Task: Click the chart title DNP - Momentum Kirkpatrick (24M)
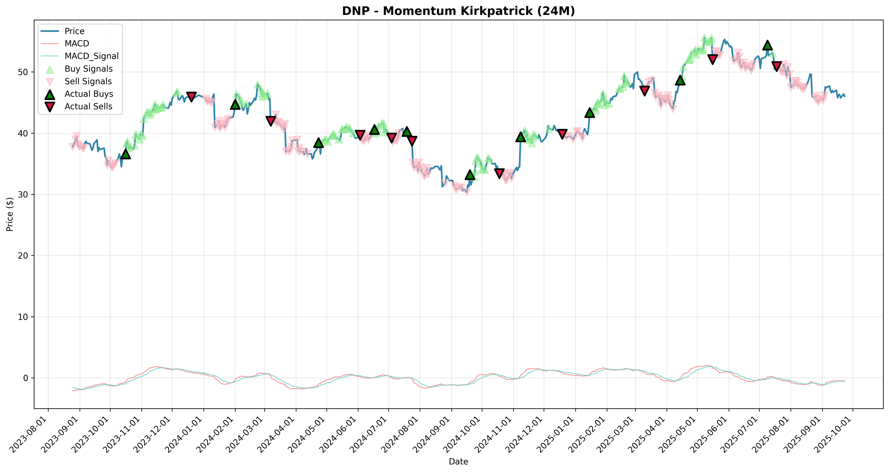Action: [458, 11]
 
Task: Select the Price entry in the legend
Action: [75, 31]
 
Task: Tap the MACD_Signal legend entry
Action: [92, 56]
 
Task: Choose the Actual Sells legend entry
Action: [88, 106]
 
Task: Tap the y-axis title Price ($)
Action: [10, 214]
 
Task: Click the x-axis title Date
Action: [458, 462]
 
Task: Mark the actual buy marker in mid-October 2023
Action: [126, 154]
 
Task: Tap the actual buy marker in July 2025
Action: [767, 45]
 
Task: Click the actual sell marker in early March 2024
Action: [271, 120]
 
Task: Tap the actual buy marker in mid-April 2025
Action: [680, 80]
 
